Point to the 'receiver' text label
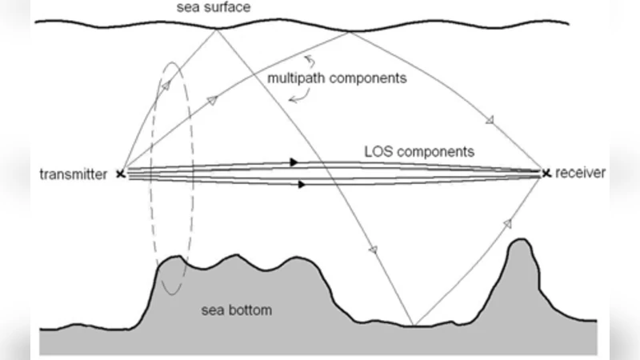click(581, 173)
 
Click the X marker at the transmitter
click(121, 174)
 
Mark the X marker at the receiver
click(546, 173)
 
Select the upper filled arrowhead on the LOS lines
click(294, 162)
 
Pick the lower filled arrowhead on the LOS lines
click(302, 185)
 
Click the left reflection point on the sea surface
click(218, 30)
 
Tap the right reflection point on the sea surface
click(350, 32)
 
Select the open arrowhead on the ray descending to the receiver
click(490, 121)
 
